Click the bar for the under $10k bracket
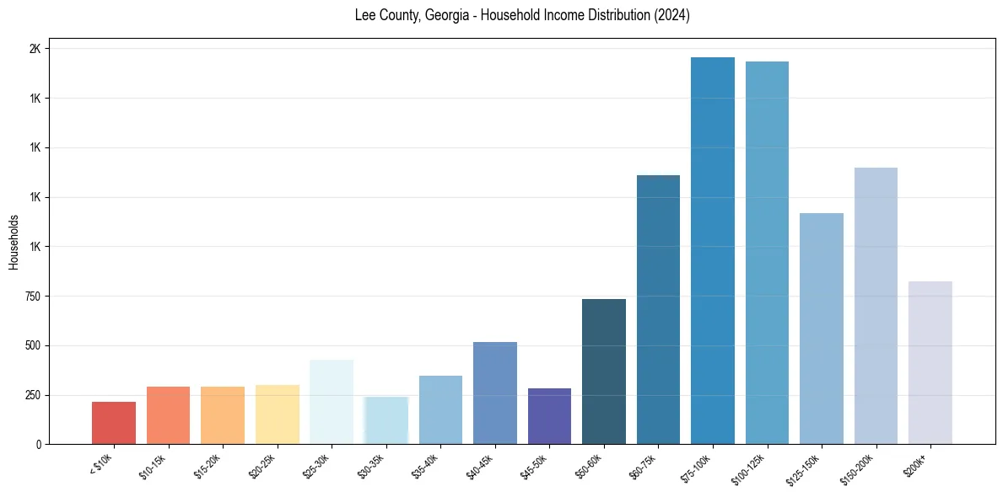[114, 423]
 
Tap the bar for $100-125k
[767, 253]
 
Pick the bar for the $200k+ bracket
[930, 362]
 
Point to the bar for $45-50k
[549, 416]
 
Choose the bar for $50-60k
[604, 371]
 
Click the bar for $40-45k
[495, 393]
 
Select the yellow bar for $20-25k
[278, 414]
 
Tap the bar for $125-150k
[822, 329]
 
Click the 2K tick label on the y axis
[35, 49]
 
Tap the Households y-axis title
[13, 242]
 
